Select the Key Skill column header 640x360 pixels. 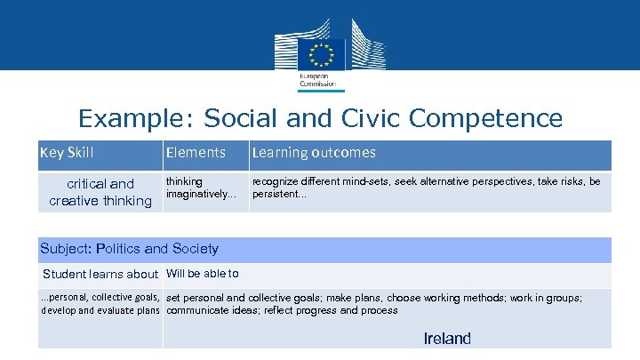[67, 153]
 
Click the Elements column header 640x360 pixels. [196, 153]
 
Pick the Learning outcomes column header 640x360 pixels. [313, 153]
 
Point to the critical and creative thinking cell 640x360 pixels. [100, 192]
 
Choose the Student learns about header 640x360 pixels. [100, 274]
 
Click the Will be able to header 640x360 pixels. [202, 273]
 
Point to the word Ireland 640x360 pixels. [447, 338]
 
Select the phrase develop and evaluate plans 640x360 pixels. [100, 310]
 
